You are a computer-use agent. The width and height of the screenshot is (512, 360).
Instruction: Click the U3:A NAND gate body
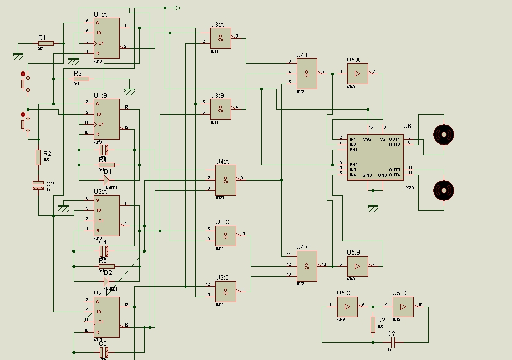pos(221,38)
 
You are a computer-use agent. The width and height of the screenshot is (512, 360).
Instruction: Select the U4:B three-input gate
pos(307,74)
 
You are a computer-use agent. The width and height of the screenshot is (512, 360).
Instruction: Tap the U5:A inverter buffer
pos(357,74)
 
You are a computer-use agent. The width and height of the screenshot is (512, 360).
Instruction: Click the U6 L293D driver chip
pos(376,157)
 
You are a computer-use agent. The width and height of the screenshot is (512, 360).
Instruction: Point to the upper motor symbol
pos(444,134)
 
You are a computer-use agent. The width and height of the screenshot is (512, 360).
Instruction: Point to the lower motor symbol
pos(444,190)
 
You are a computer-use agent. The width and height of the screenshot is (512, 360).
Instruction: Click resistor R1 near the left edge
pos(45,44)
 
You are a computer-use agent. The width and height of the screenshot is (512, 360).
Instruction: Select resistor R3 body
pos(81,79)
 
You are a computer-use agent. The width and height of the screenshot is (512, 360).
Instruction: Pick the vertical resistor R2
pos(38,157)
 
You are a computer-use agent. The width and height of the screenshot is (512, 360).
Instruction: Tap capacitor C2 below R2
pos(38,185)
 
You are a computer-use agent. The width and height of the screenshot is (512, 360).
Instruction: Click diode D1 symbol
pos(106,178)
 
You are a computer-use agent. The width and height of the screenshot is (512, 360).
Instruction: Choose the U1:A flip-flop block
pos(106,38)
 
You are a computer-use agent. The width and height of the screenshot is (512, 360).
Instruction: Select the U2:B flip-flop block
pos(106,317)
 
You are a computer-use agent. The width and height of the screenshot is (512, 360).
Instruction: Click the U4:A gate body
pos(226,181)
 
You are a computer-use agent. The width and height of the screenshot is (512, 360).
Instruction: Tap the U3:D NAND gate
pos(226,292)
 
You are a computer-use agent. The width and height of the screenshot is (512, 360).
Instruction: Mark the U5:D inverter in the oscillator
pos(403,307)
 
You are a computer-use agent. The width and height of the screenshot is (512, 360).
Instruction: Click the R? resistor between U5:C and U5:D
pos(373,324)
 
